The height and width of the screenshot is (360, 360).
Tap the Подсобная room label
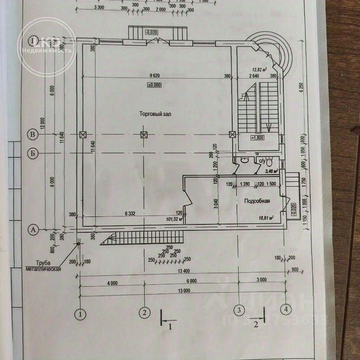pyautogui.click(x=256, y=201)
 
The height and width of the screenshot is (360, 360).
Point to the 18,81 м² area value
pyautogui.click(x=266, y=217)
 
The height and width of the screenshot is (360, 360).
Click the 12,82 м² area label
pyautogui.click(x=259, y=71)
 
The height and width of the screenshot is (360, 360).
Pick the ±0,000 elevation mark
pyautogui.click(x=155, y=85)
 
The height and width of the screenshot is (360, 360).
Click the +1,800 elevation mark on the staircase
pyautogui.click(x=258, y=138)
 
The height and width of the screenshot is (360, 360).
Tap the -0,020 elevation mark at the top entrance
pyautogui.click(x=152, y=32)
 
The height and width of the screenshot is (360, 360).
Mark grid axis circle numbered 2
pyautogui.click(x=144, y=312)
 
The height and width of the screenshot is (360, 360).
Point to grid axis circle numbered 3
pyautogui.click(x=239, y=310)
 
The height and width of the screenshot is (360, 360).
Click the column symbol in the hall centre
pyautogui.click(x=144, y=135)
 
